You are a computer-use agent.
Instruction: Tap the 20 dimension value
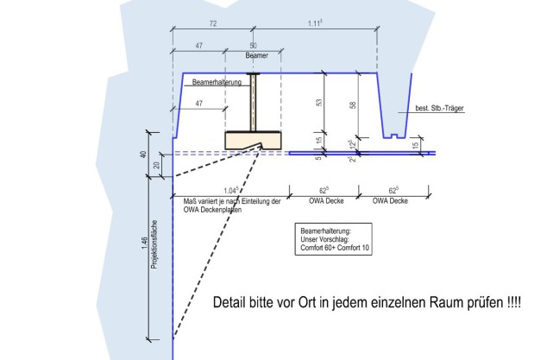point(155,164)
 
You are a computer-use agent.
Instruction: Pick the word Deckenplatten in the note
point(222,210)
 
